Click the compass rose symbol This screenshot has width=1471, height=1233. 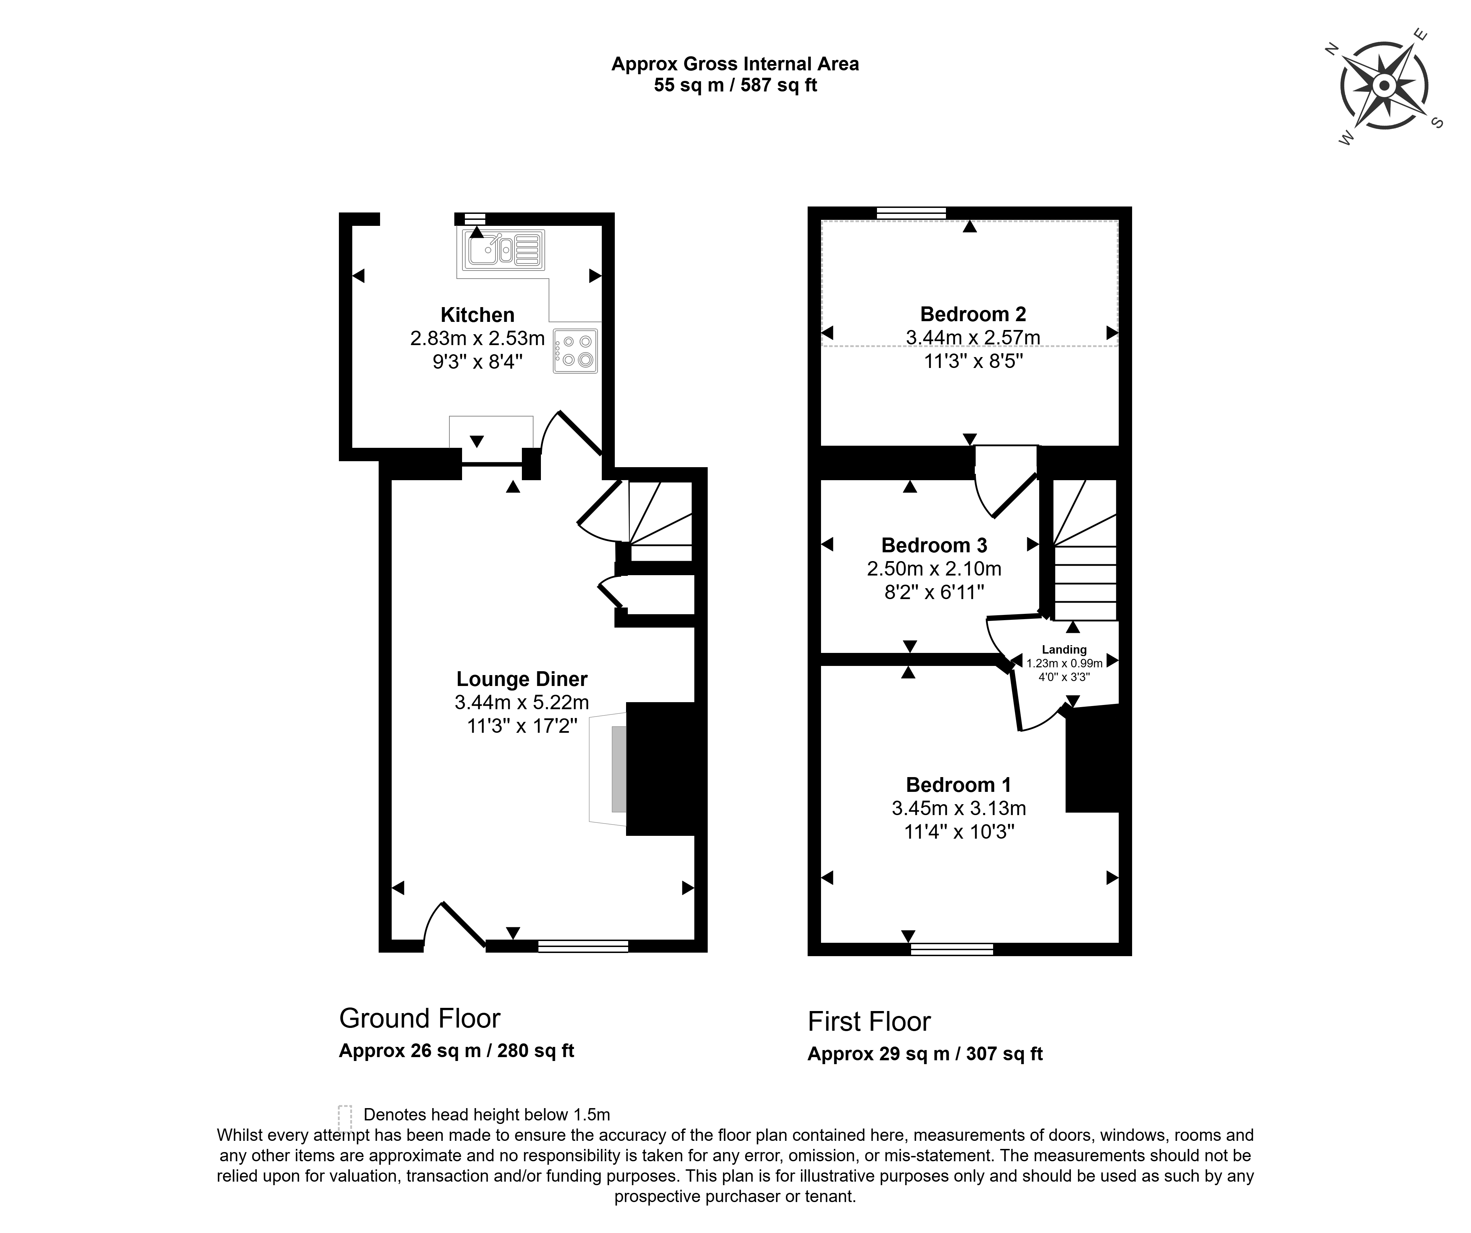coord(1383,87)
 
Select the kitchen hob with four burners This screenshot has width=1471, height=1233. coord(575,351)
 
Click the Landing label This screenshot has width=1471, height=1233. coord(1064,650)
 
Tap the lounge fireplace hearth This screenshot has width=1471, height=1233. coord(608,768)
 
